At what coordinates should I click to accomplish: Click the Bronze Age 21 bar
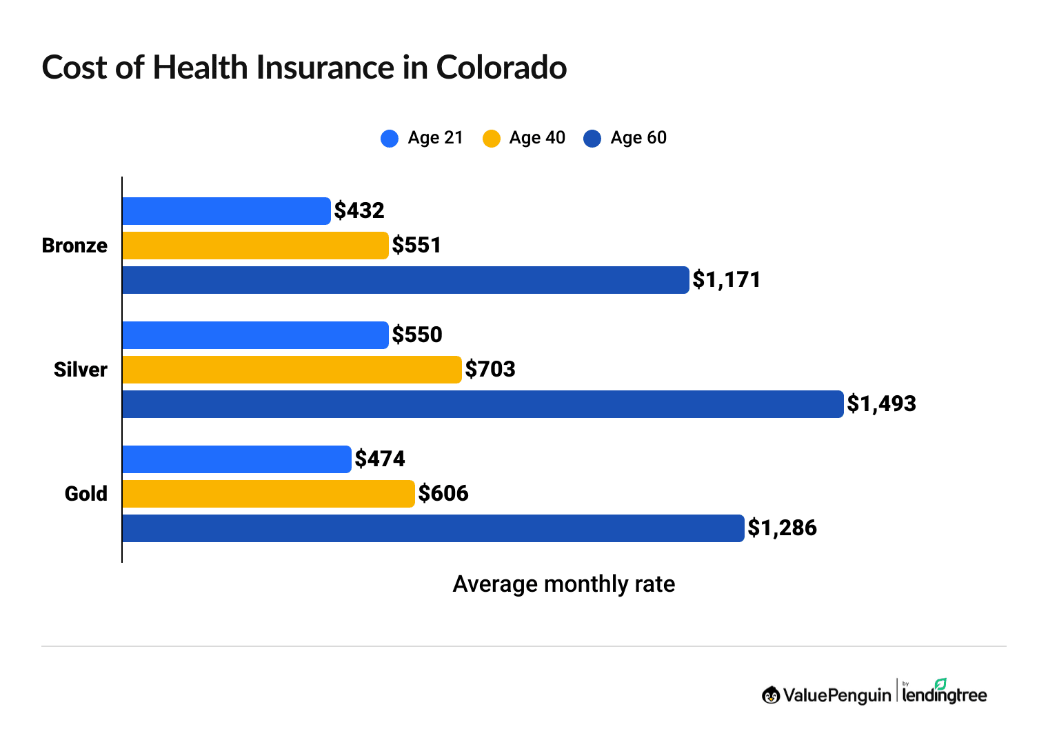(x=226, y=211)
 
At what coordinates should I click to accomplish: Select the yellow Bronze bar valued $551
(x=255, y=246)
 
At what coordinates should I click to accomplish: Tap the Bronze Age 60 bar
(x=405, y=280)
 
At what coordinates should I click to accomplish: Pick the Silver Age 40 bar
(x=292, y=370)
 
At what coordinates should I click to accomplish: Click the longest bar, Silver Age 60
(x=483, y=404)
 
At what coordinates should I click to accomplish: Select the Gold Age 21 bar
(x=236, y=459)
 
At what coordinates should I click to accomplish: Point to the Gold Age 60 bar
(x=433, y=528)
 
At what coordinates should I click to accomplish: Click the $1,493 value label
(x=881, y=403)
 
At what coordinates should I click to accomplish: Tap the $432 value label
(x=359, y=210)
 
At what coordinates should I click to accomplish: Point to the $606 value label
(x=443, y=493)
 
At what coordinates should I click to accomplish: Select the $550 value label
(x=416, y=335)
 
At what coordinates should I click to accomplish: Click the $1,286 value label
(x=782, y=528)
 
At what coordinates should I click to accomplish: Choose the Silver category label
(x=81, y=370)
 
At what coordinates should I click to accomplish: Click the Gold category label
(x=86, y=494)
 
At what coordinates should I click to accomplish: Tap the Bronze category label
(x=74, y=246)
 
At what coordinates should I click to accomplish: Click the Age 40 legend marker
(x=491, y=138)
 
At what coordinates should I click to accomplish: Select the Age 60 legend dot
(x=592, y=138)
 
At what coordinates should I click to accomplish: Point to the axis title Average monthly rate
(x=563, y=584)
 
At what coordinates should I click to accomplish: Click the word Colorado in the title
(x=501, y=68)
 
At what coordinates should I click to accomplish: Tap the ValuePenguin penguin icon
(x=770, y=695)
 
